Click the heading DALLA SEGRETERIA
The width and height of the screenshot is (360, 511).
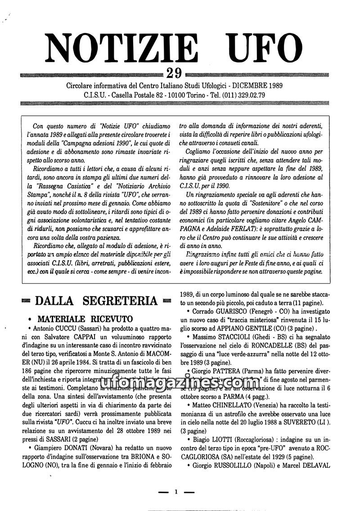tap(96, 301)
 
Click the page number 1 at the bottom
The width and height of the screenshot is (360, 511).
tap(177, 492)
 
